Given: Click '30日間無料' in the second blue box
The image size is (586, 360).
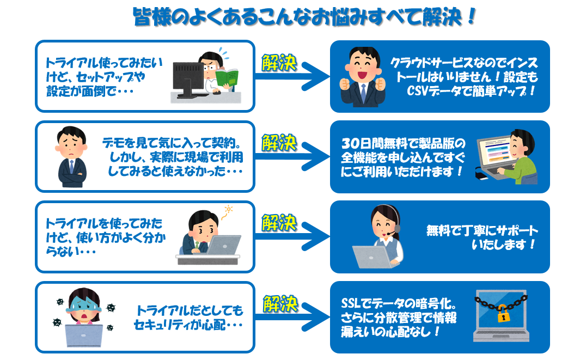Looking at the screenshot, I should [370, 144].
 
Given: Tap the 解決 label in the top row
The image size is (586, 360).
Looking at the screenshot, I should [279, 63].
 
